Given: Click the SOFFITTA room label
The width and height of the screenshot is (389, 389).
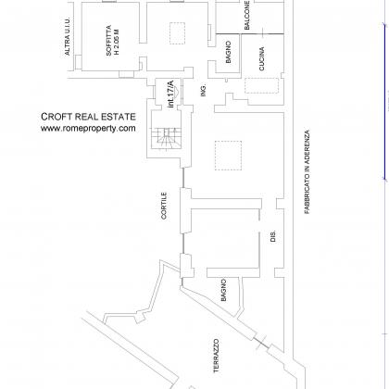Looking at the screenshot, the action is coord(108,41).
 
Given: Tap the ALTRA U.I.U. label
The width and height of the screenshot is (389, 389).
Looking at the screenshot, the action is coord(68,36).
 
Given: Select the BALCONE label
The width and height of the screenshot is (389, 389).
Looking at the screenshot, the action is coord(247,15).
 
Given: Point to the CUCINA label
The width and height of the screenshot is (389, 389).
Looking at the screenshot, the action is coord(262,59).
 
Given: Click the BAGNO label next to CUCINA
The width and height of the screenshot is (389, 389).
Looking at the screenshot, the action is coord(229,52).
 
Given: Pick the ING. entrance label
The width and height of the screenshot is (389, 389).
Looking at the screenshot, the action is coord(204,91).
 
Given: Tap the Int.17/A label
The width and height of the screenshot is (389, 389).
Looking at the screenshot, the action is coord(170,94).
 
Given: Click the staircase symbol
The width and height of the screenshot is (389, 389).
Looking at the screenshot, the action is coord(167,137).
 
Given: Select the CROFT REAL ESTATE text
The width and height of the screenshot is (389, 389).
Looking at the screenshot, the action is coord(88,117).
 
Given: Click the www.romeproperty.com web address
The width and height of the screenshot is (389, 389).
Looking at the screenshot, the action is coord(88,128).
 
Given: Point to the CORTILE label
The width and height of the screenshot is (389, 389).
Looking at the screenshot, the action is coord(164,206).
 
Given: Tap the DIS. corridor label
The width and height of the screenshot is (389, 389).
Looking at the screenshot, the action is coord(273,236).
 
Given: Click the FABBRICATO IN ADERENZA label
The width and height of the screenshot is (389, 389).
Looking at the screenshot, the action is coord(307,171).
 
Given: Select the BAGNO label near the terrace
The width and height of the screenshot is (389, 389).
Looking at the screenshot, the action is coord(224,290).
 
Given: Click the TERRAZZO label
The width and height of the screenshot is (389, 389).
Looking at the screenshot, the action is coord(217,356).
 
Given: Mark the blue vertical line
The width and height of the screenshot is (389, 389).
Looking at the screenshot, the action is coord(384,102).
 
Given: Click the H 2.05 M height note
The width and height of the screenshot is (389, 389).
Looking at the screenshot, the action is coord(117,42).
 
